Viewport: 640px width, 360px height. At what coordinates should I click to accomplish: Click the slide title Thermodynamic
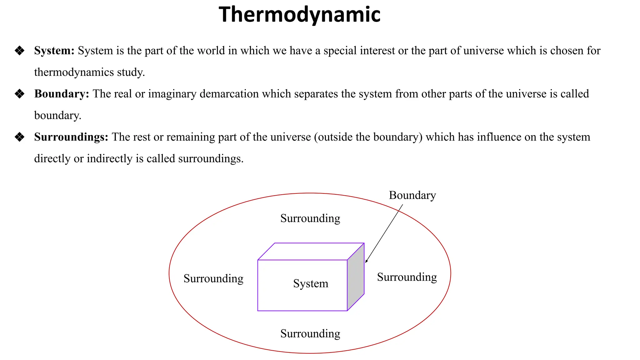click(299, 15)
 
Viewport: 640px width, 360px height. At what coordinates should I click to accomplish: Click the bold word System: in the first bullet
click(54, 51)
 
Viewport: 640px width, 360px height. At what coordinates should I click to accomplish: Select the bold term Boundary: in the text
click(62, 94)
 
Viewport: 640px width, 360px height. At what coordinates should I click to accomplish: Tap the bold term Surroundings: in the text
click(71, 137)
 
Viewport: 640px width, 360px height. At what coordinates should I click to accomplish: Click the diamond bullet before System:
click(20, 51)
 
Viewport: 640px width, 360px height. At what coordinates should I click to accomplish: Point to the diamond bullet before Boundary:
click(20, 94)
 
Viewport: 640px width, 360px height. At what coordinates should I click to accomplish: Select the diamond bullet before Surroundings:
click(20, 137)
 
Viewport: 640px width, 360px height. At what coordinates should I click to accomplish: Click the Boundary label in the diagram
click(412, 195)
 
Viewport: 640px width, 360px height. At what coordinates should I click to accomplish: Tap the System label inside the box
click(311, 283)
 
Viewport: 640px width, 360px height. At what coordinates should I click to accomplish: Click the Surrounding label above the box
click(310, 218)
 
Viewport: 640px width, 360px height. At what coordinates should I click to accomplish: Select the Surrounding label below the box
click(310, 333)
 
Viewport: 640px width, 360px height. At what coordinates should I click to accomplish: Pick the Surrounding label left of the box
click(213, 278)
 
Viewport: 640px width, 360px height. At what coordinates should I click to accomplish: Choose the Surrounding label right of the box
click(407, 277)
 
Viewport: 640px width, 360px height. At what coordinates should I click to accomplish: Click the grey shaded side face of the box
click(356, 277)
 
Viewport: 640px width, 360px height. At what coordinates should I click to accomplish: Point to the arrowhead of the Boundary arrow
click(366, 261)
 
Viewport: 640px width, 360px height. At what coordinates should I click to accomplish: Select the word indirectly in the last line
click(109, 158)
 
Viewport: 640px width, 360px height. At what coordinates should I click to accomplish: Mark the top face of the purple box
click(311, 251)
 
